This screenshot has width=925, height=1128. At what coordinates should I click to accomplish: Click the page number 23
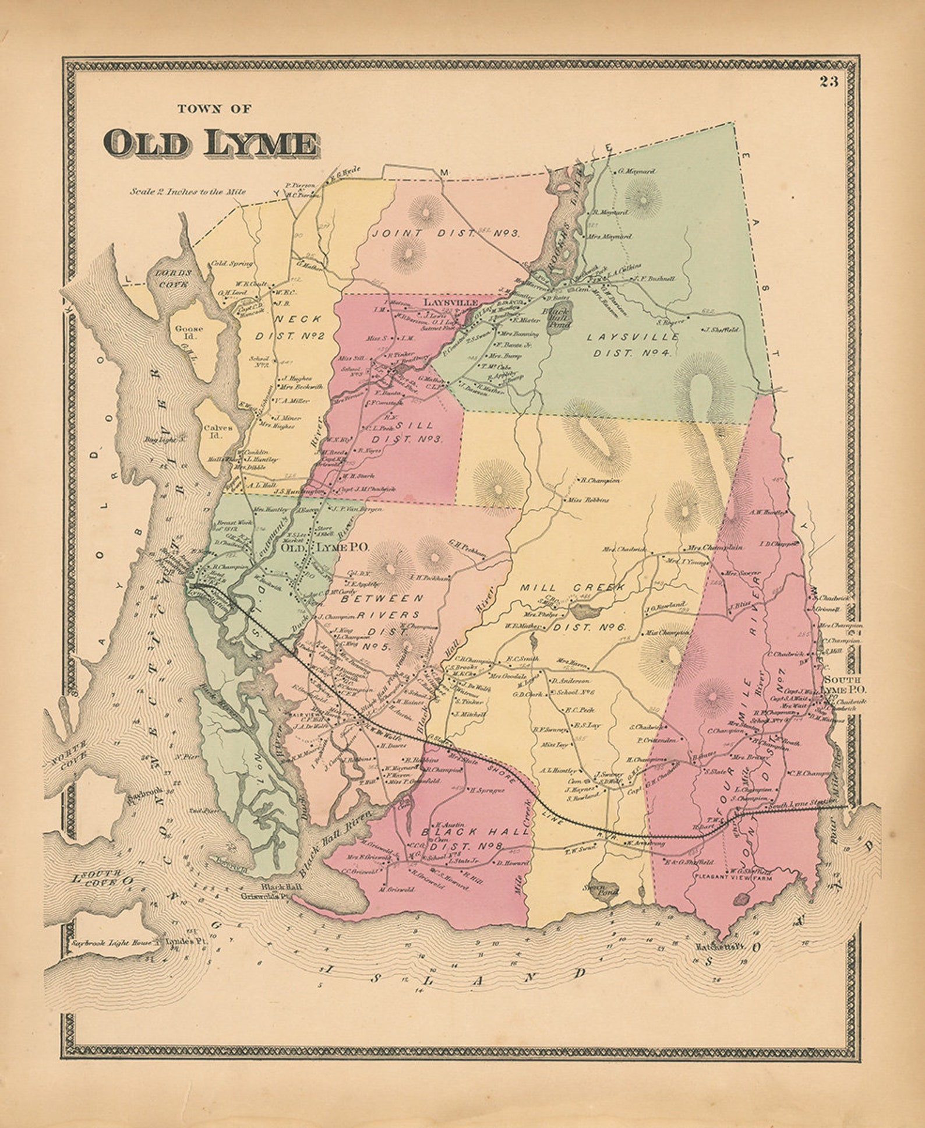828,82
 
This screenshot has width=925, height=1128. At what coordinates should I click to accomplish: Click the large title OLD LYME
211,143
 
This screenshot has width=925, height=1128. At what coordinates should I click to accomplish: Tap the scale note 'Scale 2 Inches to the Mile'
188,191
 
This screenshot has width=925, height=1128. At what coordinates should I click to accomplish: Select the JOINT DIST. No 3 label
446,233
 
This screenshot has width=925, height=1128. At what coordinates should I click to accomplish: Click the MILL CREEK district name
572,588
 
